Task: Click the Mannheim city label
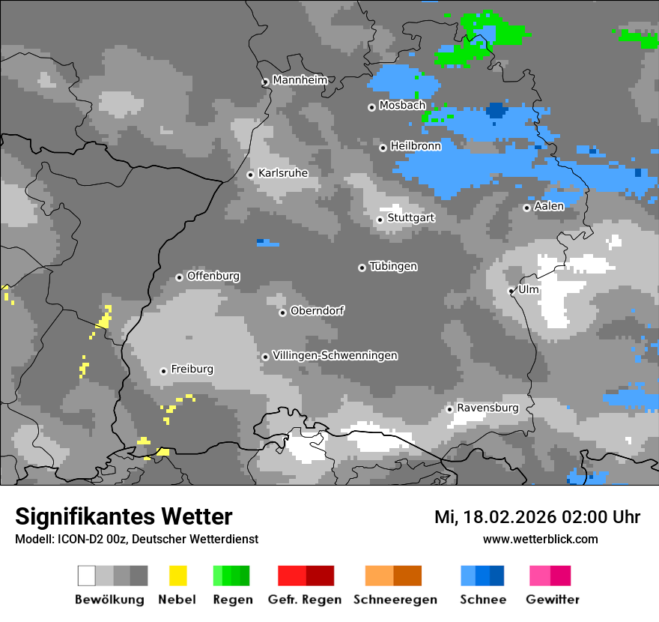point(300,80)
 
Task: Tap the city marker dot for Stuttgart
point(380,220)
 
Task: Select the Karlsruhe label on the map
point(283,173)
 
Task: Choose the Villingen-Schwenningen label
point(335,355)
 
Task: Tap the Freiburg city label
point(192,369)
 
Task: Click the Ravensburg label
point(488,408)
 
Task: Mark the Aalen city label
point(549,206)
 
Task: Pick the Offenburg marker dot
point(180,277)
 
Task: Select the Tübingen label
point(393,266)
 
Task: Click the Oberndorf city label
point(317,310)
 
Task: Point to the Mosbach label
point(402,106)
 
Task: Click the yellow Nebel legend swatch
point(177,576)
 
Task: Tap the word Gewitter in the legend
point(553,600)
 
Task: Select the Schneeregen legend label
point(394,600)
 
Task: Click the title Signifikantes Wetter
point(124,516)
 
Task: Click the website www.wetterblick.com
point(540,539)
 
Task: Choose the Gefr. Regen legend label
point(305,600)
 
